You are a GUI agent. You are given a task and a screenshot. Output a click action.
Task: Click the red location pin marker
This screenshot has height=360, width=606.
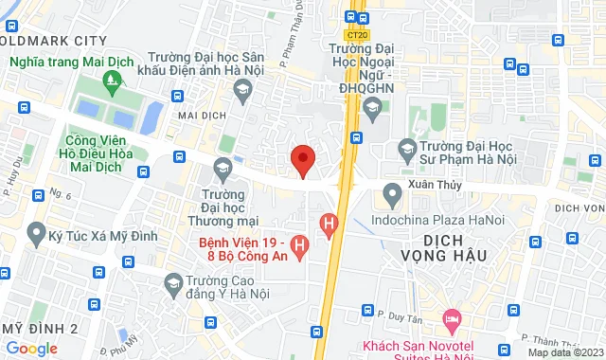tap(302, 160)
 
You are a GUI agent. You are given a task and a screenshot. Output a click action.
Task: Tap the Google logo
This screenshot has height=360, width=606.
tap(31, 348)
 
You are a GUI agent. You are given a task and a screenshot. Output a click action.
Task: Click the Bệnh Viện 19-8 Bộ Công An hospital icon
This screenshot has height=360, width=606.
tap(300, 248)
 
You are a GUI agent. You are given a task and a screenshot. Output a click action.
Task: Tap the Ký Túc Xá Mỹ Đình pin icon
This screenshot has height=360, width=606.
tap(37, 231)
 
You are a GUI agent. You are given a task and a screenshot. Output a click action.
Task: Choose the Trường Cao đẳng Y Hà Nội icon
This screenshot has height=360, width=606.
tap(173, 282)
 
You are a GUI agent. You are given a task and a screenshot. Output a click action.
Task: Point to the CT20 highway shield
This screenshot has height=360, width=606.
tap(356, 35)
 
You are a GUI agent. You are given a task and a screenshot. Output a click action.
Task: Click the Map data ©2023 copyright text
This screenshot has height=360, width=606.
tap(564, 352)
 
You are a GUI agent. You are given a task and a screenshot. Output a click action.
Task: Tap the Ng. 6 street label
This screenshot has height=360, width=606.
tap(62, 194)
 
